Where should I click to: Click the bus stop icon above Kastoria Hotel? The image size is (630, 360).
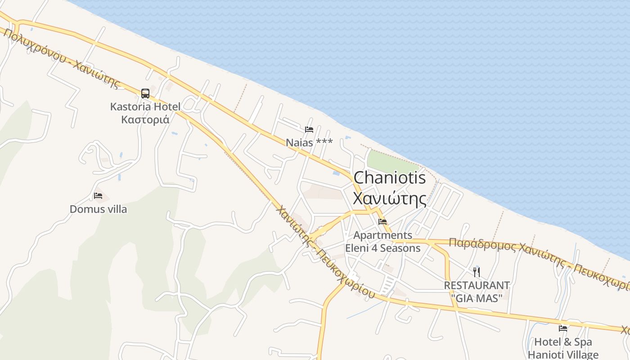145,94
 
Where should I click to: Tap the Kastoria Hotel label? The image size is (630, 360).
145,107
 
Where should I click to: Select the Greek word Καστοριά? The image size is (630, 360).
145,120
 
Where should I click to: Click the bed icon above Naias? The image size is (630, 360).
309,130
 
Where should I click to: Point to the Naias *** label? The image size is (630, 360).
309,143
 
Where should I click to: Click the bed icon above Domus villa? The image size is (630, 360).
98,196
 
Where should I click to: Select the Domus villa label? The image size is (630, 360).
98,209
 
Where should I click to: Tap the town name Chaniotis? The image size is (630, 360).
389,178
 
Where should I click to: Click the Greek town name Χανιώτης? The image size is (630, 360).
389,198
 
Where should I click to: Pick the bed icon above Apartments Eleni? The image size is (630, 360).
382,222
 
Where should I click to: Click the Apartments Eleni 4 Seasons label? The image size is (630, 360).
382,242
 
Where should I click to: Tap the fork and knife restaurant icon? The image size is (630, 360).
477,272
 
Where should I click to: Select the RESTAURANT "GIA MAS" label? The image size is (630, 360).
477,291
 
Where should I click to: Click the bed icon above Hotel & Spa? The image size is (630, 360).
562,328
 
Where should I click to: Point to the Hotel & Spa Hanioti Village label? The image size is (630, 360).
563,348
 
